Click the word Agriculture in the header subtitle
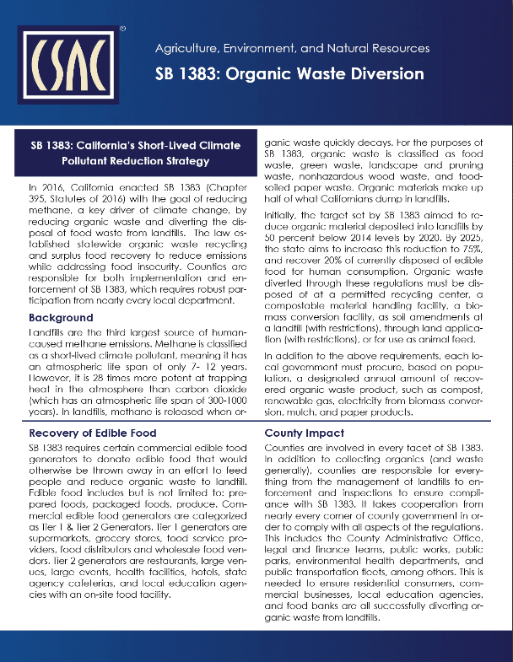point(187,49)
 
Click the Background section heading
point(61,318)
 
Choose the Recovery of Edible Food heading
point(93,433)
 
